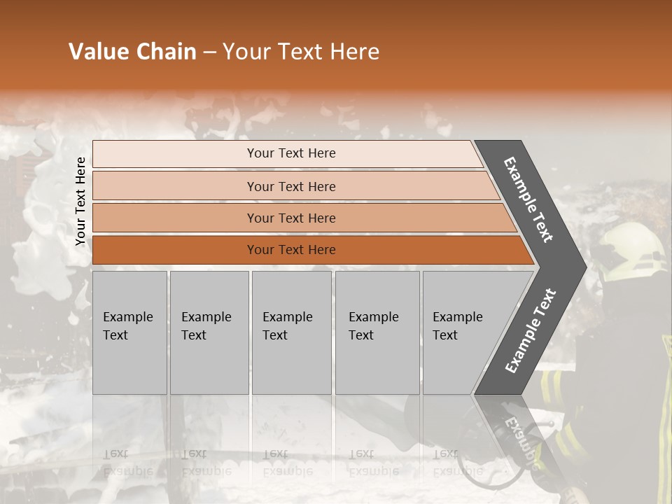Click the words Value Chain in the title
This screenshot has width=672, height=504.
tap(132, 52)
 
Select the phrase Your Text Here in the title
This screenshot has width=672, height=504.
tap(301, 52)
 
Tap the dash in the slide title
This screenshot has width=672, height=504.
tap(209, 52)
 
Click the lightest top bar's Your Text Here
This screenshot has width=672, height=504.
tap(291, 153)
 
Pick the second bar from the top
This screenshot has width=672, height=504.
tap(291, 186)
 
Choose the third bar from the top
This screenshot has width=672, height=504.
tap(291, 218)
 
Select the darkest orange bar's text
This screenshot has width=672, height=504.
tap(291, 250)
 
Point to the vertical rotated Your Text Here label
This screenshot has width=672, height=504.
tap(80, 202)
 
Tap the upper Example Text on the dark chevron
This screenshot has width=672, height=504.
tap(528, 199)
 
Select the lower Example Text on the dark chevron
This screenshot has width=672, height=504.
tap(531, 330)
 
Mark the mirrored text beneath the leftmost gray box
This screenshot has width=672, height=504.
tap(128, 462)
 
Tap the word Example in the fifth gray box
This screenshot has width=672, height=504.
tap(457, 317)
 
